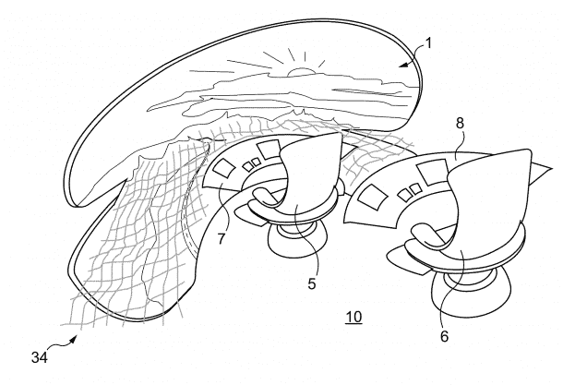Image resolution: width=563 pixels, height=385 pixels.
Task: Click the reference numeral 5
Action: tap(311, 283)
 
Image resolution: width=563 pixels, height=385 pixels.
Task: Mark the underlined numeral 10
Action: tap(353, 319)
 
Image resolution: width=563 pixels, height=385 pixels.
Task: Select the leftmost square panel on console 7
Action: tap(225, 169)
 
